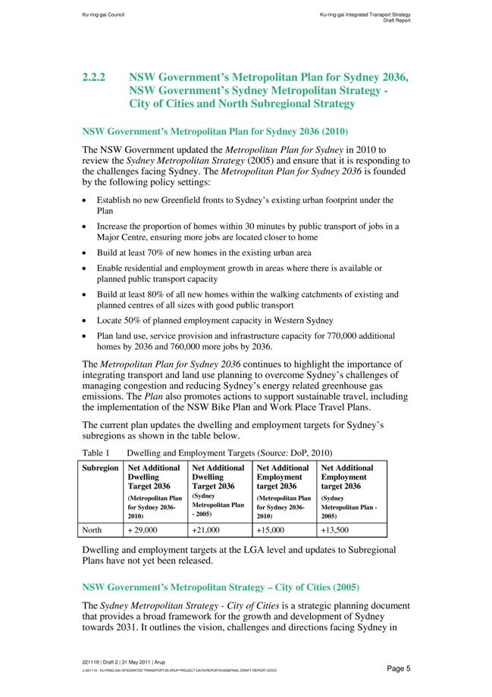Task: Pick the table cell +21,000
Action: pos(207,530)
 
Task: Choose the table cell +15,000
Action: pos(271,530)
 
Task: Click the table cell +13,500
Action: pos(336,530)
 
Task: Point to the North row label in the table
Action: pos(92,530)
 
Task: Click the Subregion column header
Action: pos(100,468)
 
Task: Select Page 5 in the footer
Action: pos(398,668)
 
